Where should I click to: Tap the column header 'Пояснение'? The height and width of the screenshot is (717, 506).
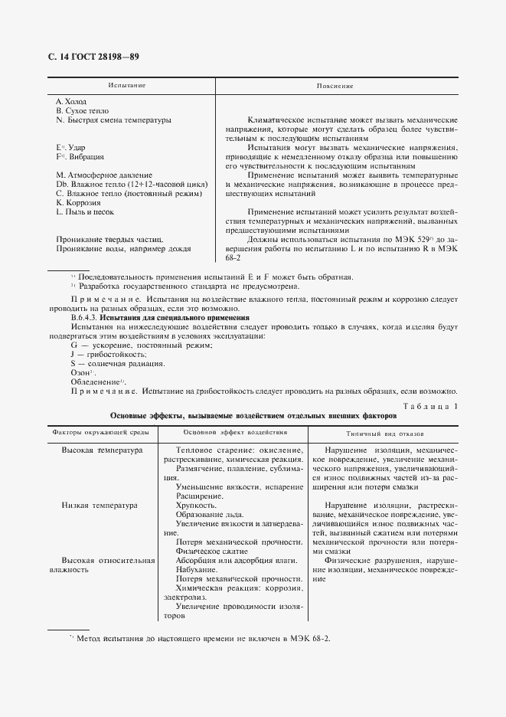pos(335,86)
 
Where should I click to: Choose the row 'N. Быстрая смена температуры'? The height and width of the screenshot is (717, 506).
pos(113,120)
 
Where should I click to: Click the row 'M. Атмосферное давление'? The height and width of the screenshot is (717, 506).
pos(104,175)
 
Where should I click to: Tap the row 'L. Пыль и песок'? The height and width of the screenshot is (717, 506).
pos(86,211)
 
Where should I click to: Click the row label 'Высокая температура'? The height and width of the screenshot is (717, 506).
pos(102,450)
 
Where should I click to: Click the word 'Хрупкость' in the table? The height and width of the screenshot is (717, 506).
pos(196,506)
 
